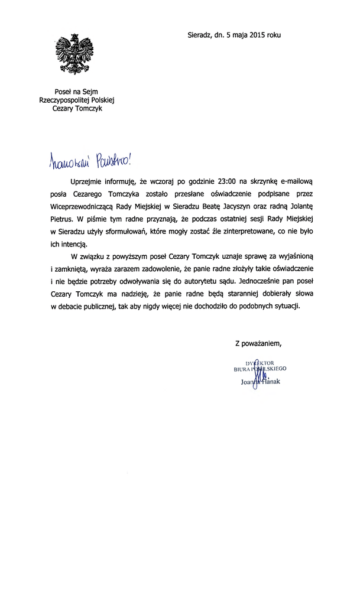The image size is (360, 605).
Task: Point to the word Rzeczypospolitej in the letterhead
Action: [x=58, y=100]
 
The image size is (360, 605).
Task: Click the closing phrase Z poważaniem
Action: [x=258, y=343]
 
